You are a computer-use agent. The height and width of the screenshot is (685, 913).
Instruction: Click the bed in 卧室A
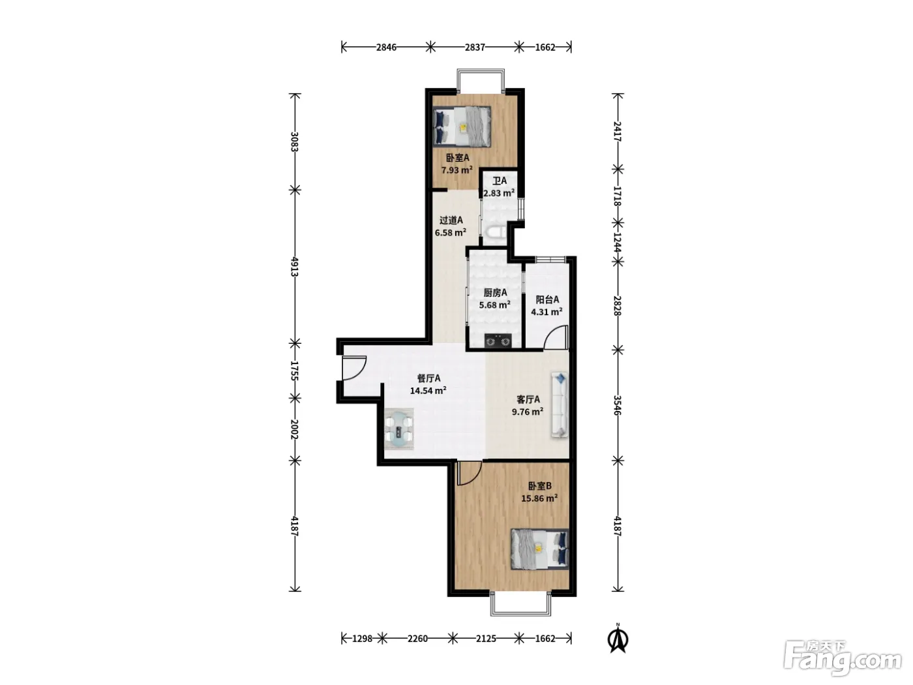coord(462,127)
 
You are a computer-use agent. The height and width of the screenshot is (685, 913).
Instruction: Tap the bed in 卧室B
coord(539,549)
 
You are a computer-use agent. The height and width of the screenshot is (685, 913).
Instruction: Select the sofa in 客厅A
coord(560,404)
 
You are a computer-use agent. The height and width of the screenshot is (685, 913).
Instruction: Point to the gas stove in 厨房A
coord(498,341)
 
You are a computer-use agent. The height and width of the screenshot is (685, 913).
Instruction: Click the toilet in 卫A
coord(494,235)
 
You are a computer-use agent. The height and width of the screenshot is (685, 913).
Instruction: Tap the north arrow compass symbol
coord(618,639)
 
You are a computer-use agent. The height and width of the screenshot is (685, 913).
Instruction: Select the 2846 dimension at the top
coord(386,48)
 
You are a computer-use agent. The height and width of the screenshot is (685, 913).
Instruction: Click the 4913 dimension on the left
coord(295,267)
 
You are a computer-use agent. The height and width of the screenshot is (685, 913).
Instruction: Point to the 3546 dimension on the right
coord(618,405)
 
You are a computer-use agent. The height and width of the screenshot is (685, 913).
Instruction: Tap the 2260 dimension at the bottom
coord(417,639)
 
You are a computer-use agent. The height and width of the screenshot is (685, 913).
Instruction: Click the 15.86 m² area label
coord(539,498)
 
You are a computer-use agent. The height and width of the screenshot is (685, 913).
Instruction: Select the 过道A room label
coord(451,220)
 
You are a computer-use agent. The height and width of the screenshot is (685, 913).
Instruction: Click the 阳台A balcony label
coord(547,299)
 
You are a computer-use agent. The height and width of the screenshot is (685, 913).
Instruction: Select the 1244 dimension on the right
coord(618,243)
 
